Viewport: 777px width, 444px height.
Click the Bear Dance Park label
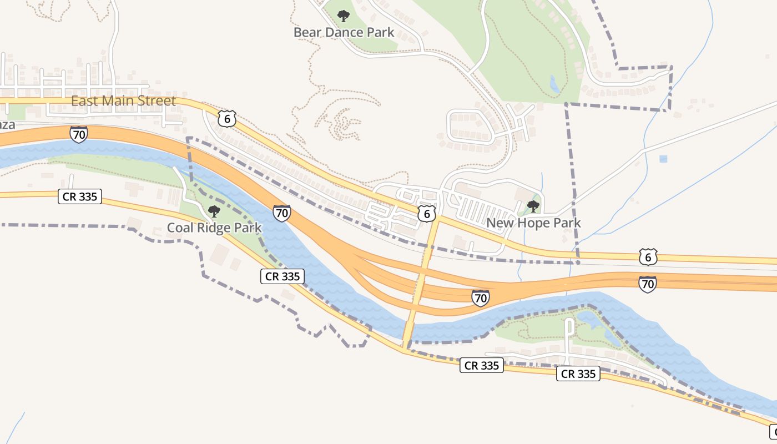tap(344, 32)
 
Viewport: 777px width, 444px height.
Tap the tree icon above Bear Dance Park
tap(344, 16)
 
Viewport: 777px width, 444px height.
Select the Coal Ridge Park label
tap(214, 228)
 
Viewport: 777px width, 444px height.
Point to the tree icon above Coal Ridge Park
tap(214, 211)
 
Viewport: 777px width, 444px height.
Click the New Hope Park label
tap(533, 223)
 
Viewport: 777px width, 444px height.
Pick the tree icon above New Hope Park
tap(533, 206)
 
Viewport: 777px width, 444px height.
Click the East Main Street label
tap(123, 101)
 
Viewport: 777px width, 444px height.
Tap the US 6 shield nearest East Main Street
tap(227, 118)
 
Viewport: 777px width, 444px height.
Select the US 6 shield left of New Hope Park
tap(426, 214)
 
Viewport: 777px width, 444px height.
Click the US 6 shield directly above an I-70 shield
tap(648, 257)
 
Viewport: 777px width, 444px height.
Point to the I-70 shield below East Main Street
tap(79, 134)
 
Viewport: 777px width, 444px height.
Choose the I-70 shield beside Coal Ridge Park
tap(282, 213)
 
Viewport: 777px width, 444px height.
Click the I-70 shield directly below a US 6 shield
tap(648, 284)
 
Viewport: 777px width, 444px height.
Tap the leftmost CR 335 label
tap(80, 196)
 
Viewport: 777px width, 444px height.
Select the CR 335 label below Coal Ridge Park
tap(282, 276)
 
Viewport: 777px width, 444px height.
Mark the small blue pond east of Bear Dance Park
tap(554, 84)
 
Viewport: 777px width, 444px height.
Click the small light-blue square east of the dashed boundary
tap(663, 159)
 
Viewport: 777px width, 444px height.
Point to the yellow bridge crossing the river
tap(410, 332)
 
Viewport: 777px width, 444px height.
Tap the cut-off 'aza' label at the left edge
tap(7, 125)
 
